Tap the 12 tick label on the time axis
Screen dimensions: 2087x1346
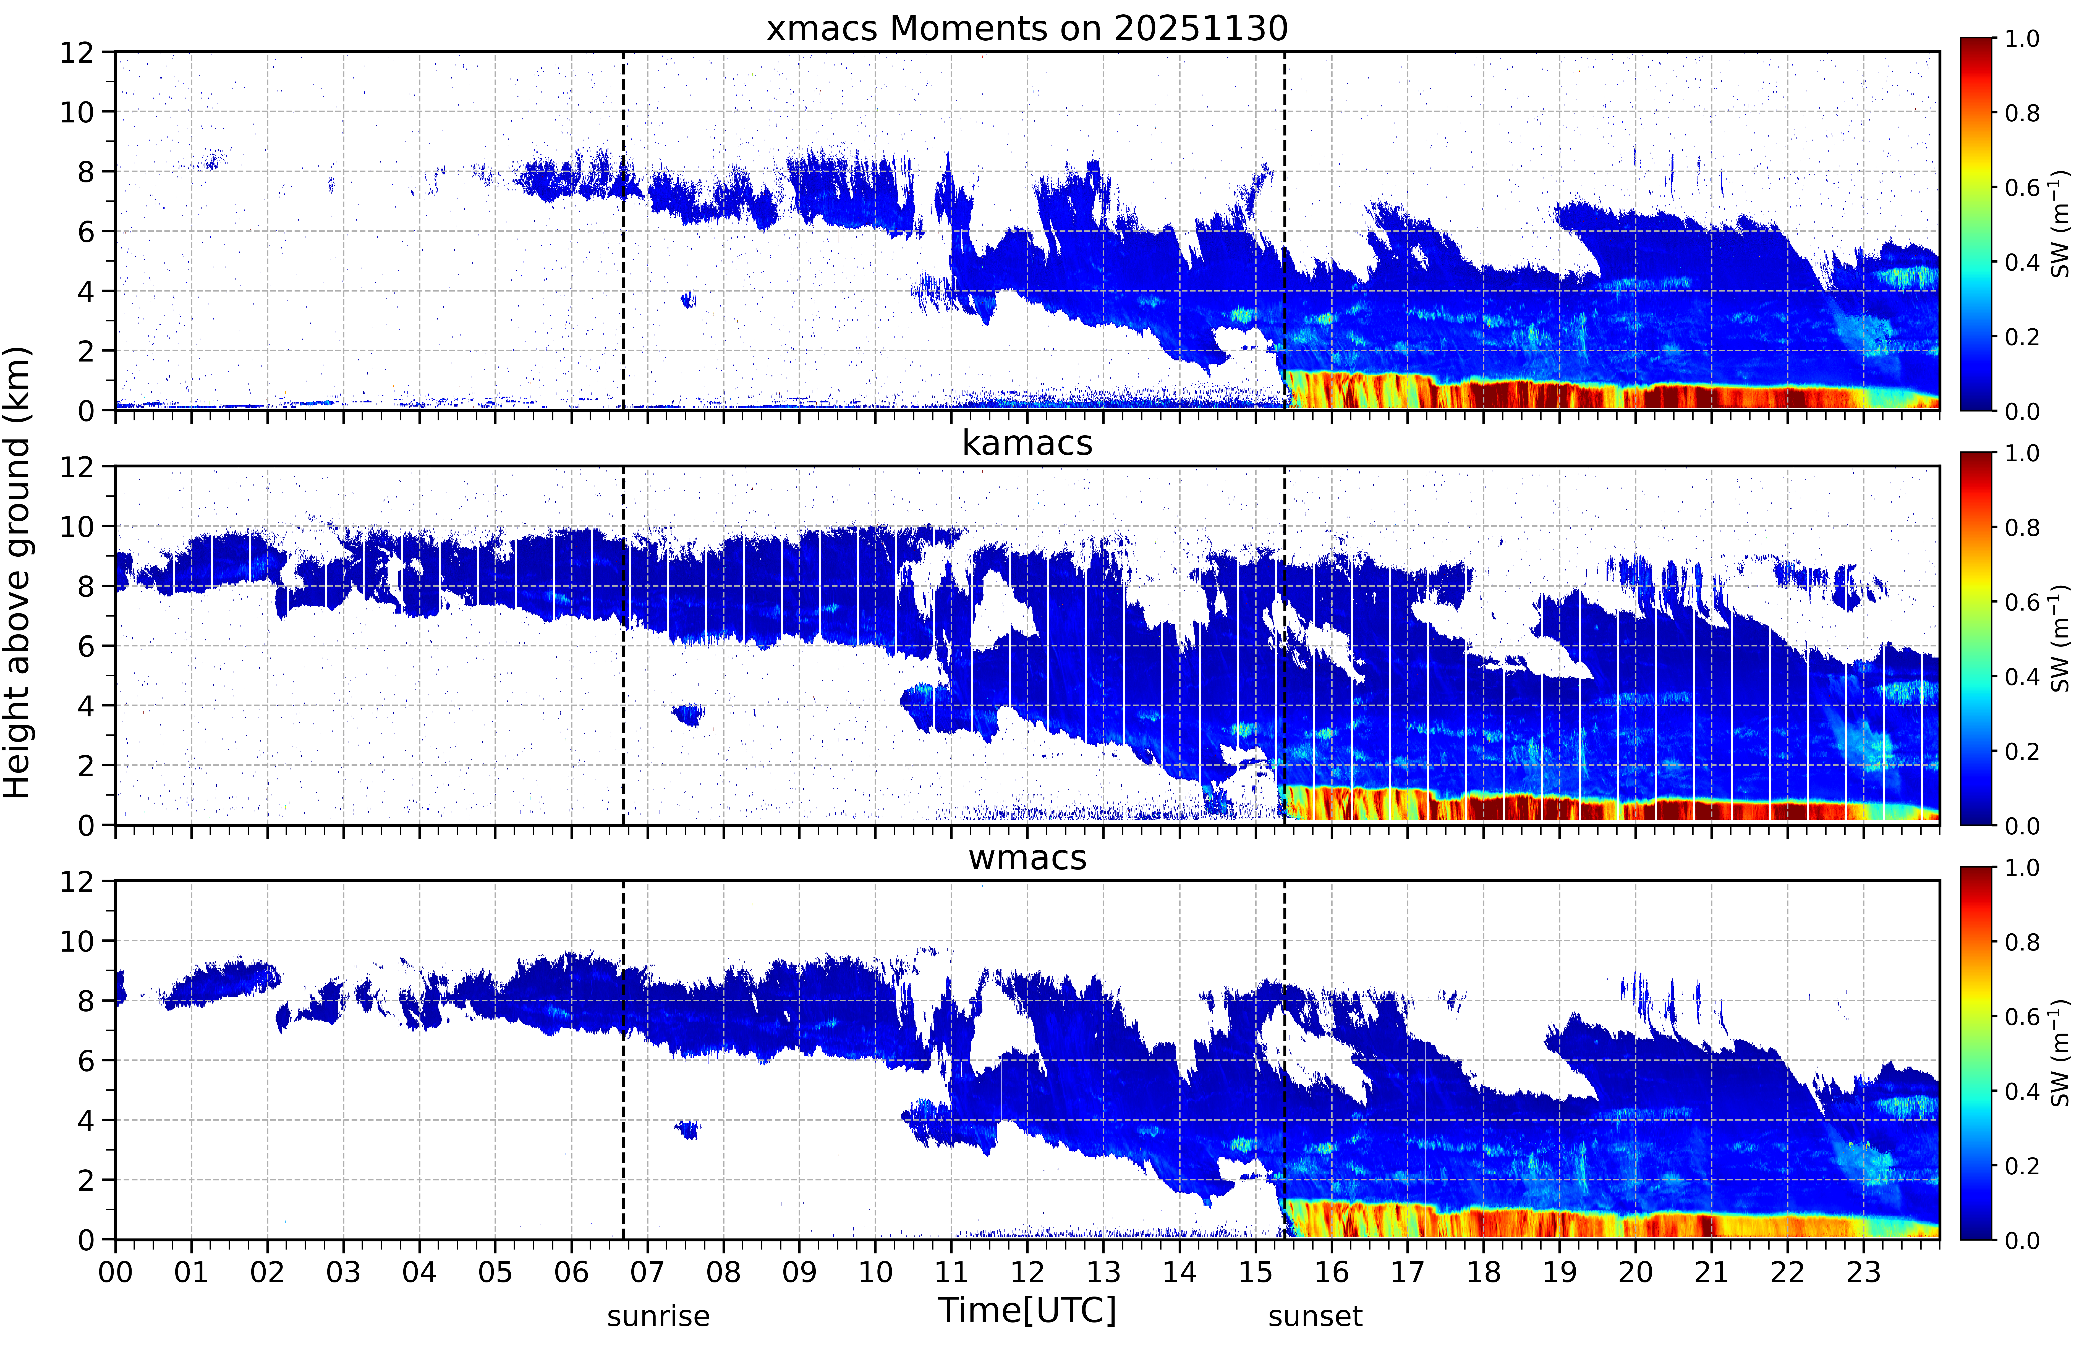point(1028,1272)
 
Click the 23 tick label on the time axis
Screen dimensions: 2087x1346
point(1863,1272)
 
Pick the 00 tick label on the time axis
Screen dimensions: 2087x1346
point(115,1272)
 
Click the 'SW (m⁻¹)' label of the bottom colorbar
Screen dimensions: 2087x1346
point(2061,1053)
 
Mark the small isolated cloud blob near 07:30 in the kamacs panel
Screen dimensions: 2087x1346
point(689,714)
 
